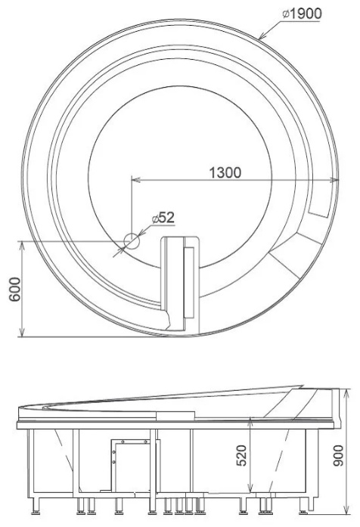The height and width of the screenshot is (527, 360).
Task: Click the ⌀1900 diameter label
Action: pos(302,14)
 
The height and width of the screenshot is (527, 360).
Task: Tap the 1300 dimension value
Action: pos(225,172)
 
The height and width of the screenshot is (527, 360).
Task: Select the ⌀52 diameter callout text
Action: pos(163,218)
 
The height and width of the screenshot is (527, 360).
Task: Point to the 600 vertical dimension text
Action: pos(15,289)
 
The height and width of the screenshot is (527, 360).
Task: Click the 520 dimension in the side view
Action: pos(241,455)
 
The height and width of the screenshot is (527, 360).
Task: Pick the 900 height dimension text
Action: pos(338,455)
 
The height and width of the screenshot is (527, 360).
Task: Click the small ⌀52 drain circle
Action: pos(132,241)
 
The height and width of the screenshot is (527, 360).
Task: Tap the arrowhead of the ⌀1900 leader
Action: pos(262,36)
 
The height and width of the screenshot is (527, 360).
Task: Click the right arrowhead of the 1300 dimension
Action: pos(334,180)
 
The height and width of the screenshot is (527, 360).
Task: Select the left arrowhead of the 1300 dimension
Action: pos(135,180)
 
